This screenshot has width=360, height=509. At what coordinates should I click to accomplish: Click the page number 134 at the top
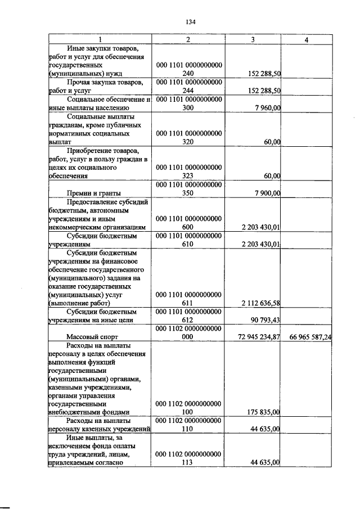pyautogui.click(x=190, y=22)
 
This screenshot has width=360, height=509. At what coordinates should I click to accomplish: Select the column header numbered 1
pyautogui.click(x=100, y=39)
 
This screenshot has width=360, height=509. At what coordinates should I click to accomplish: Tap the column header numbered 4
pyautogui.click(x=306, y=39)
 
